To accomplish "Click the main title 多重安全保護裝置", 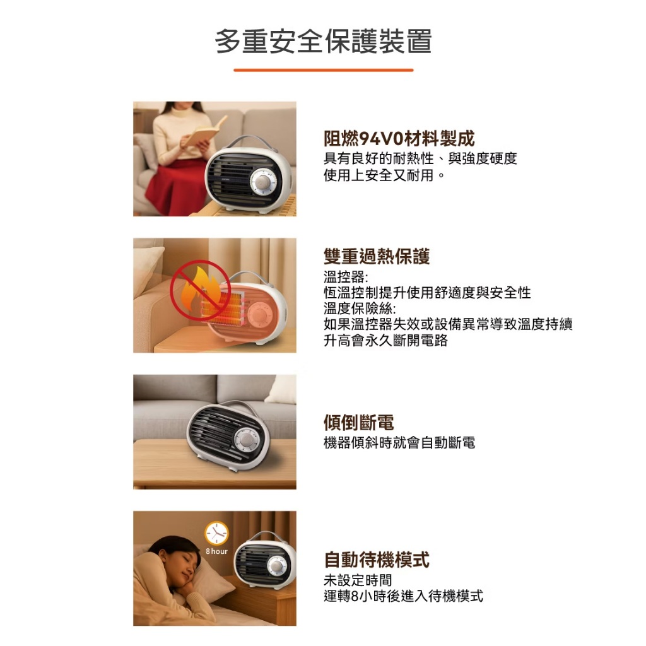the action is click(x=324, y=42).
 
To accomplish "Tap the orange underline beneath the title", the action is click(x=324, y=70).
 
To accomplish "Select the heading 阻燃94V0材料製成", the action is click(x=399, y=138).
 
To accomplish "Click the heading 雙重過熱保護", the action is click(x=377, y=256).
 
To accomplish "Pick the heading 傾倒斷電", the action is click(x=359, y=422).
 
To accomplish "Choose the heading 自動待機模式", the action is click(x=377, y=560).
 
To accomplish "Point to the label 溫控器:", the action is click(x=346, y=277).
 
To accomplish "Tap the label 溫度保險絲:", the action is click(x=360, y=308).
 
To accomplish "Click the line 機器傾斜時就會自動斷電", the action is click(x=399, y=443).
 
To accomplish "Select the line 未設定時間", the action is click(x=358, y=580).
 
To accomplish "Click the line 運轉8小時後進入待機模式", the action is click(x=403, y=596).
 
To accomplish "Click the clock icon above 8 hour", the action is click(x=217, y=533).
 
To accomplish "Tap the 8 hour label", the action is click(x=217, y=551).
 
